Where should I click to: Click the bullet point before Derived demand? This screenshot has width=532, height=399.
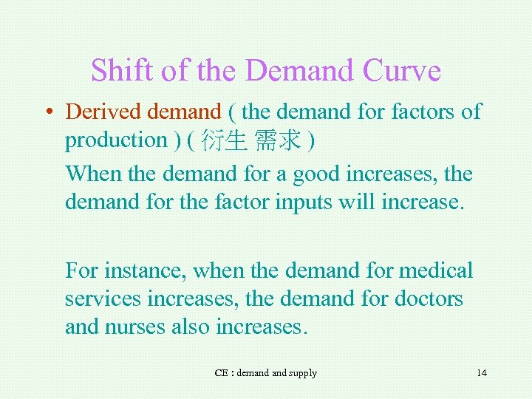click(x=48, y=112)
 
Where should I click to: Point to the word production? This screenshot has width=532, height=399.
click(x=116, y=140)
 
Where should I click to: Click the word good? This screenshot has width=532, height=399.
click(x=316, y=174)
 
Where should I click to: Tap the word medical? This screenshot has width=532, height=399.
click(x=436, y=270)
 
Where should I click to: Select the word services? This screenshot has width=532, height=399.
click(x=102, y=299)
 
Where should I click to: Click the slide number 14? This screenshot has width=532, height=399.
click(x=482, y=373)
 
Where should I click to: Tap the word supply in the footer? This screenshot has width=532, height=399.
click(x=304, y=373)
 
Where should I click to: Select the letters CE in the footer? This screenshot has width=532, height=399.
click(x=221, y=373)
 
